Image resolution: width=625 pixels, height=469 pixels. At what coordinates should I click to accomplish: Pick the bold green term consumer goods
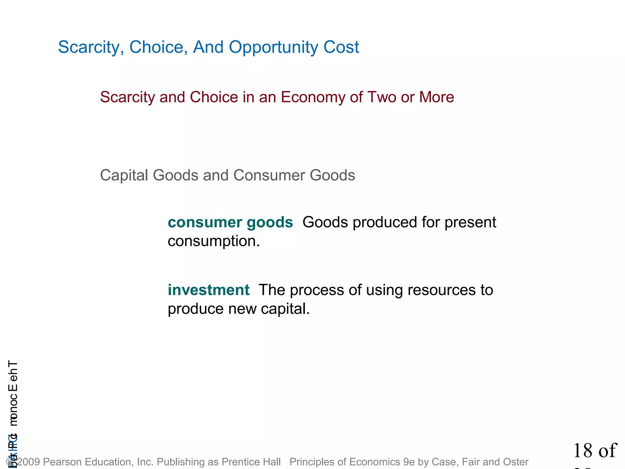tap(230, 222)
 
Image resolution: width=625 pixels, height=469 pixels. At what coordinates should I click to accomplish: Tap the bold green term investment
tap(209, 290)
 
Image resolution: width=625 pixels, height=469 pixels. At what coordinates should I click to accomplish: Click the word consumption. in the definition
tap(214, 241)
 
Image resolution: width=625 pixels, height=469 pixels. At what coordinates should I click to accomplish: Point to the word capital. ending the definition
tap(285, 309)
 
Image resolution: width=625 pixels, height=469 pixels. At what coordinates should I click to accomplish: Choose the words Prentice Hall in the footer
tap(251, 462)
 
